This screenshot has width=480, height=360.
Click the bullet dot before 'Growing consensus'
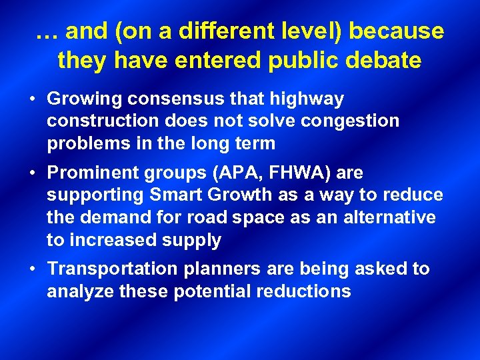(x=32, y=100)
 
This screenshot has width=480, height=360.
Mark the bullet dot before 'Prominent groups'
(x=32, y=173)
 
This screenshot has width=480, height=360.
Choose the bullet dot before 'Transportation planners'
(x=32, y=269)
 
